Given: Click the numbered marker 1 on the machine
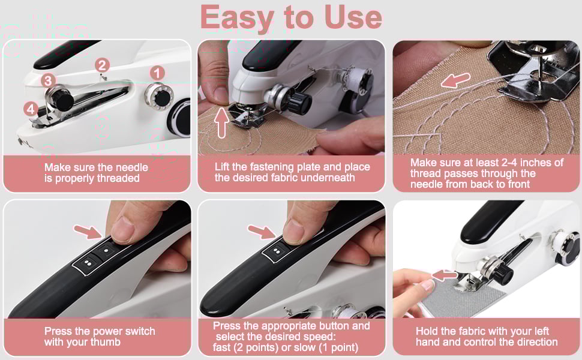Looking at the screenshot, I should (157, 73).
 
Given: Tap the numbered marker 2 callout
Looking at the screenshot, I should (102, 65).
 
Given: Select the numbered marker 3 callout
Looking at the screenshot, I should (49, 80).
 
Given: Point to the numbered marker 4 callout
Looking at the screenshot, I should (31, 109).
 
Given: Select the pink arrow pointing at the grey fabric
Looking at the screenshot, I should (445, 275).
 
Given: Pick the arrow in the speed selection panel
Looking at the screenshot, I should (262, 230).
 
